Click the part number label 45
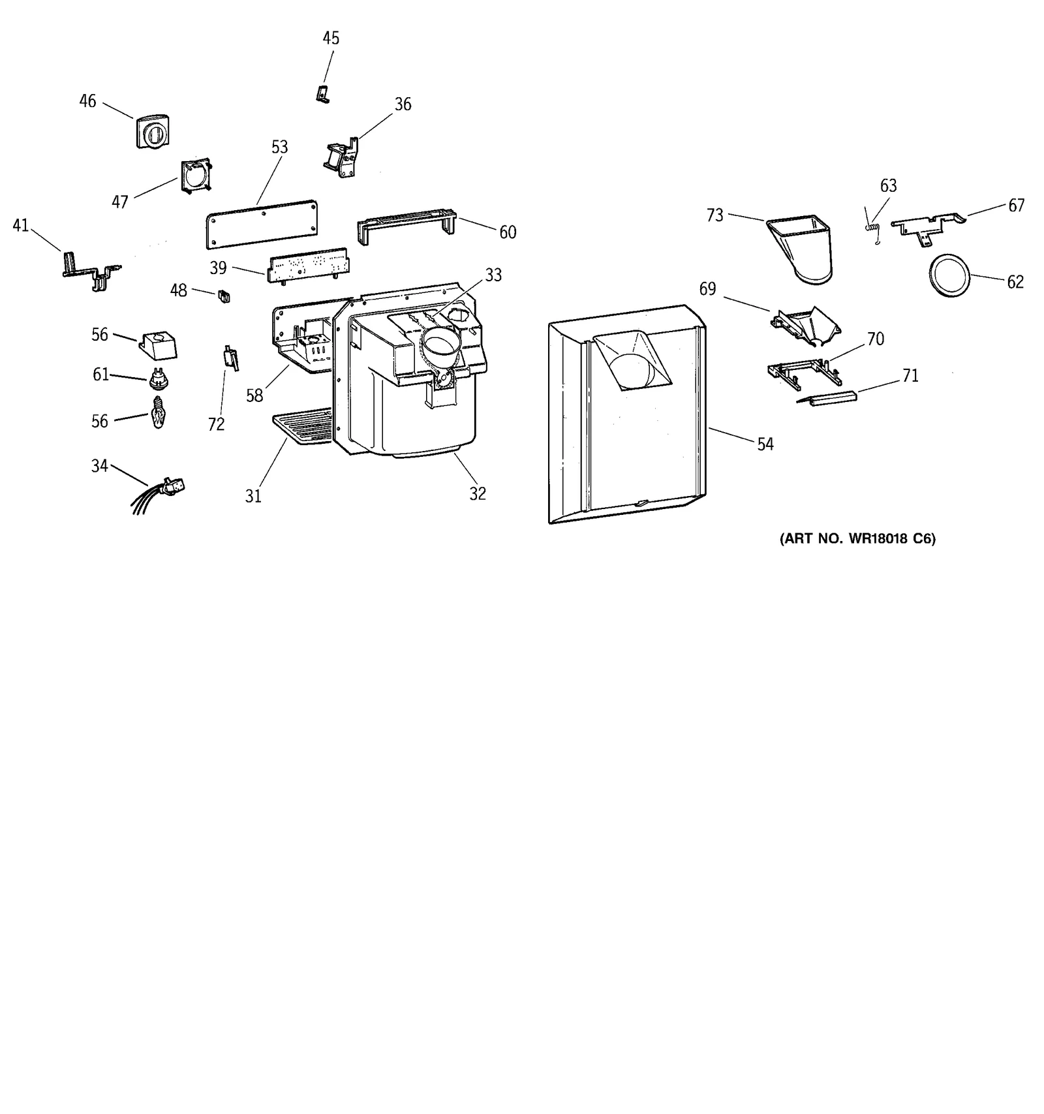(x=331, y=39)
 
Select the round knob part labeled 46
(x=153, y=132)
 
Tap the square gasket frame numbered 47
(x=196, y=176)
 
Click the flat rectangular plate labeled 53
(x=262, y=224)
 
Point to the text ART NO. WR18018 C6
(x=857, y=539)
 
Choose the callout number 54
(x=765, y=444)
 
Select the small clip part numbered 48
(x=224, y=296)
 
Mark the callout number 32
(x=478, y=494)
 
